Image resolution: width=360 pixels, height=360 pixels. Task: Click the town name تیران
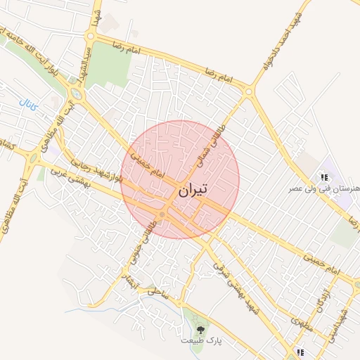pos(193,190)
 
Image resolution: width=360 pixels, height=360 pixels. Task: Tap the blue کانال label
pos(29,106)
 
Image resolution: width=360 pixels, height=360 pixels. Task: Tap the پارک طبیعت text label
pos(201,340)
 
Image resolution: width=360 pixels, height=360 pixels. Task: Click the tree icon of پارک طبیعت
pos(201,328)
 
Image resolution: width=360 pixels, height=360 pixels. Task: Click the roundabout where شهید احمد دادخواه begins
pos(249,91)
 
